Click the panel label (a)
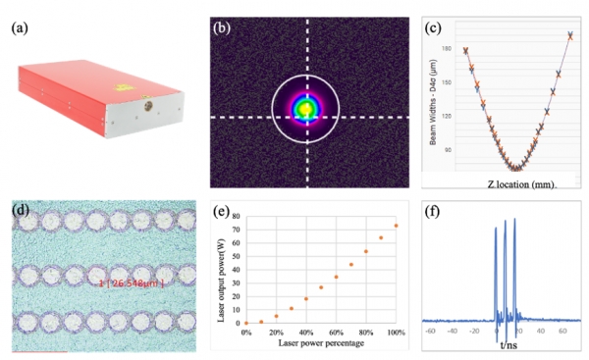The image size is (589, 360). tap(20, 28)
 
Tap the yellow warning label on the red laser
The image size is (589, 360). tap(122, 61)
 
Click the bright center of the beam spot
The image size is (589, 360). tap(307, 107)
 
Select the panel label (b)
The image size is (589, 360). tap(223, 27)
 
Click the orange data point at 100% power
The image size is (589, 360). tap(396, 226)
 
